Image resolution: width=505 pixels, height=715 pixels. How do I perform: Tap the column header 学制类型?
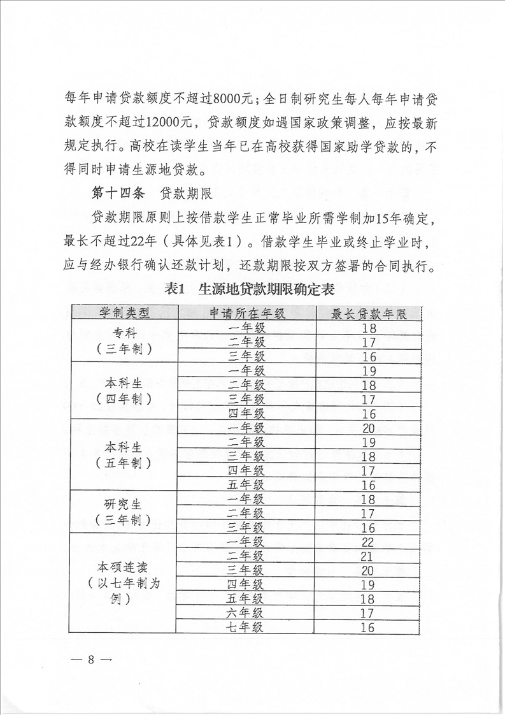click(x=124, y=313)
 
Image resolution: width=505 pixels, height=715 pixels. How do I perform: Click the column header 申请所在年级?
click(x=246, y=313)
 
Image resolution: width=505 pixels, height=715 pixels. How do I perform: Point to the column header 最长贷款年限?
click(x=368, y=314)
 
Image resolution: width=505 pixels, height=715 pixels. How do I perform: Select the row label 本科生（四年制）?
click(x=124, y=391)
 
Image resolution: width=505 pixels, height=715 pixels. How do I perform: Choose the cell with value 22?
click(x=368, y=542)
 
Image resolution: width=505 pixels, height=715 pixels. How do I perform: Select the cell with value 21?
click(x=368, y=556)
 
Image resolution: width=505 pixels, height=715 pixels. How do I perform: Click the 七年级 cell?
click(x=246, y=627)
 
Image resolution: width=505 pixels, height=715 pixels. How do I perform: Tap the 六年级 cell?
click(x=246, y=613)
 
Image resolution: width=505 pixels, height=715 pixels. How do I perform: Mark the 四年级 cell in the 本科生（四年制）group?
click(x=246, y=414)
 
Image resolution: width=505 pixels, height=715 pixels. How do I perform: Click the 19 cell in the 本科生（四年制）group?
click(x=368, y=371)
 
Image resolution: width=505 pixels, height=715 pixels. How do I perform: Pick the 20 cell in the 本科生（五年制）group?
click(x=368, y=428)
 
